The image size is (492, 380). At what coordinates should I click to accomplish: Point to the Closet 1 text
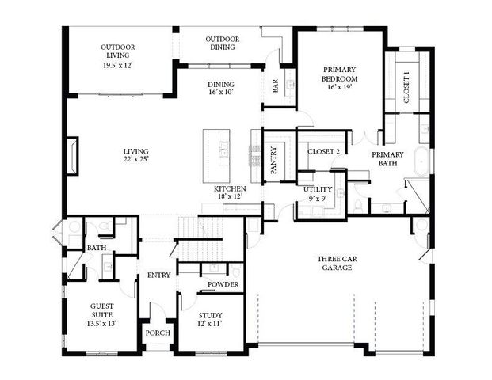tap(406, 87)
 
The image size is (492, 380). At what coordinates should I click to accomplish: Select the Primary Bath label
tap(388, 160)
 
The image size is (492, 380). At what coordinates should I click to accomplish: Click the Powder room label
tap(223, 284)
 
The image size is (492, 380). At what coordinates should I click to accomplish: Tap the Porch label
tap(158, 332)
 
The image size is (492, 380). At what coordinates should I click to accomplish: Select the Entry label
tap(158, 275)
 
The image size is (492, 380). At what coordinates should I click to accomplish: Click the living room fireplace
tap(73, 154)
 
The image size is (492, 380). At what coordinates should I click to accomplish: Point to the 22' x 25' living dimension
tap(135, 159)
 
